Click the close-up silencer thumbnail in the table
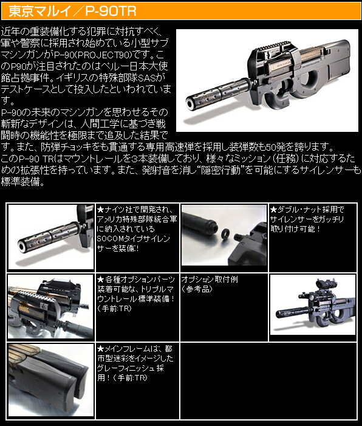(x=50, y=236)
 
